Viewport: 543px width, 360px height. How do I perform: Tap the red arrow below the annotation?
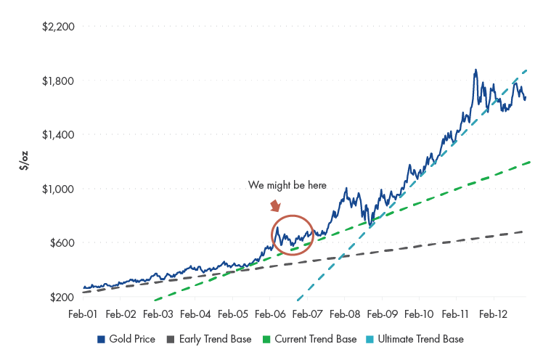[x=276, y=207]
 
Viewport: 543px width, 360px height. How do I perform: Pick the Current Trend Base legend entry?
[x=311, y=339]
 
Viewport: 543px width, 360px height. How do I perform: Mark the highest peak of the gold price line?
[x=475, y=70]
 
